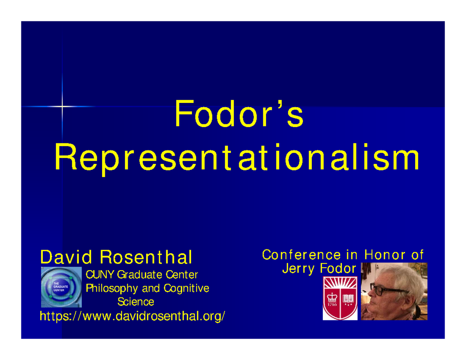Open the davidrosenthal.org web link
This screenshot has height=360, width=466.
(x=132, y=316)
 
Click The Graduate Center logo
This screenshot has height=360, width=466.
(x=61, y=287)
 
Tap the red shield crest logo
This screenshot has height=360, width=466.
(x=339, y=298)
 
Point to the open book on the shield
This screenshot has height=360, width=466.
(x=347, y=299)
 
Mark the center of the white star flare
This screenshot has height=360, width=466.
(x=62, y=106)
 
